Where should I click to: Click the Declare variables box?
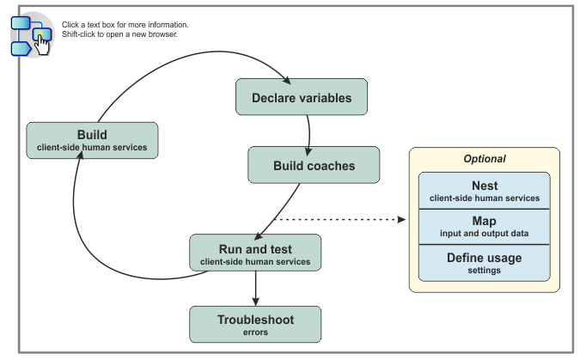click(x=302, y=97)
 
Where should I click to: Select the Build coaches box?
click(x=314, y=164)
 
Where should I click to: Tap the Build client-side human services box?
click(x=92, y=140)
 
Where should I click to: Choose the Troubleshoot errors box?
click(x=254, y=324)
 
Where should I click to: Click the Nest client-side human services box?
click(x=484, y=191)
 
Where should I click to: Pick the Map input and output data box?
click(x=484, y=226)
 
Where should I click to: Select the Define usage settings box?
click(x=484, y=262)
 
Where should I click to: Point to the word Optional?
click(x=485, y=159)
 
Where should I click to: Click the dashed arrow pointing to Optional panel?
click(x=344, y=220)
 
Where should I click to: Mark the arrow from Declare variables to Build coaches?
click(x=308, y=131)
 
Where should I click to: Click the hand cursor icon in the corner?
click(x=41, y=43)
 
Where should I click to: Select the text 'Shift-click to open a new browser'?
click(x=119, y=34)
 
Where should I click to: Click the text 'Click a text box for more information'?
click(x=125, y=25)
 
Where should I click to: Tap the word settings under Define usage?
click(x=484, y=270)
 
